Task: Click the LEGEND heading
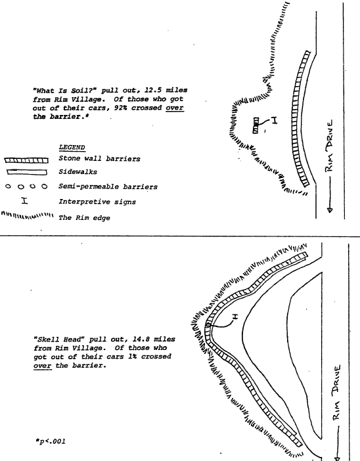tap(72, 147)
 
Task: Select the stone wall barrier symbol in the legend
tap(26, 160)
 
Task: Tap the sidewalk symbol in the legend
tap(27, 172)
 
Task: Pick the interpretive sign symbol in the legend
tap(25, 201)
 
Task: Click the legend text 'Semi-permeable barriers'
tap(108, 187)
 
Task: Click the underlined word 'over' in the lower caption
tap(43, 366)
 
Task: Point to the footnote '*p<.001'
tap(50, 441)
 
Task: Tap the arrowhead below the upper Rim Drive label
tap(330, 209)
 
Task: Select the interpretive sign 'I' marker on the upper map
tap(274, 120)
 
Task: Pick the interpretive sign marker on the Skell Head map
tap(235, 317)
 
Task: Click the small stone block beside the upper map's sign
tap(256, 125)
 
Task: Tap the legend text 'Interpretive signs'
tap(97, 202)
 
